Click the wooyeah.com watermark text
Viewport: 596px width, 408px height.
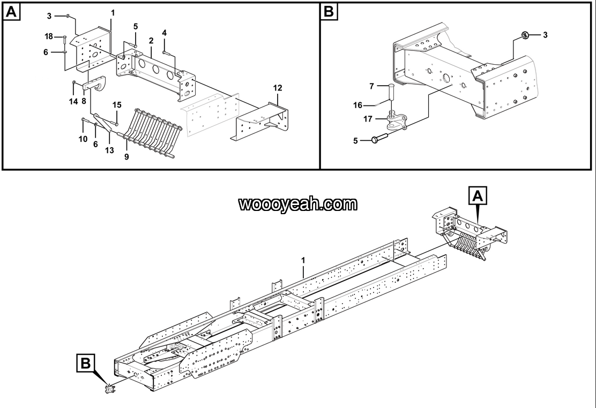point(297,204)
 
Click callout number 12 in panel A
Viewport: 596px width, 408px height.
point(277,87)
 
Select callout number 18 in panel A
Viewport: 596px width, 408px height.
point(49,36)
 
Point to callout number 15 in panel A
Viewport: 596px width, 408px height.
point(116,104)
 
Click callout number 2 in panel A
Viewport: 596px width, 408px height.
point(151,41)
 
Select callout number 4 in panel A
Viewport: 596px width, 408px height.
point(165,33)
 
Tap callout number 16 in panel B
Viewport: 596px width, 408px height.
point(357,105)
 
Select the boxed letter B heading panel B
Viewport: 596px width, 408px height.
point(329,12)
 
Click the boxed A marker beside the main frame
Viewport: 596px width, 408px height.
point(479,197)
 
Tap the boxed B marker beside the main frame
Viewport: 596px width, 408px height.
point(86,364)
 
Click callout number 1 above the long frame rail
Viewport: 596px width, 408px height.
point(303,260)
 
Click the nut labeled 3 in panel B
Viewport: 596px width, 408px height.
point(526,35)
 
